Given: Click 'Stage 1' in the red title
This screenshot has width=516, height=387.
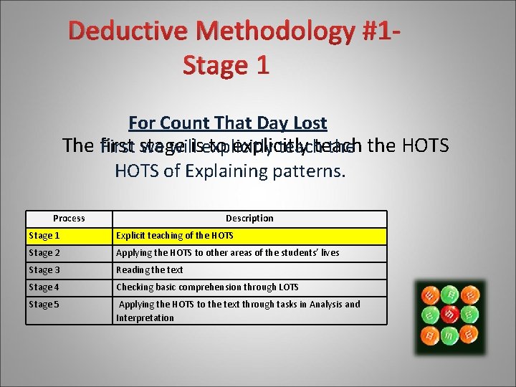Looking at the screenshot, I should coord(226,65).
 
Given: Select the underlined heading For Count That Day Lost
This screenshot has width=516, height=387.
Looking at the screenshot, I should coord(227,123).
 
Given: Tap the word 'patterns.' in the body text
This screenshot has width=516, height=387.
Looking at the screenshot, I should coord(306,171).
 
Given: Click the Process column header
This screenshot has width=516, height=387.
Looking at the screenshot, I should coord(69,219).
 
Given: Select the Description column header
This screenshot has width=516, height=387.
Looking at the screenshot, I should coord(249,219).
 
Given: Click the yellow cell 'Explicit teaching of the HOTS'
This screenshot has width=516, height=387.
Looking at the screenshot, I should coord(175,236).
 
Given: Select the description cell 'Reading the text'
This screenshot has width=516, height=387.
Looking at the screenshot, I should coord(150,270).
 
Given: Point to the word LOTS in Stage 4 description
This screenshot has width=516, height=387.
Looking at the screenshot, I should coord(288,287).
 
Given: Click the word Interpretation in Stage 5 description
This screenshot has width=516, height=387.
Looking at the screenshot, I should coord(145,317).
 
